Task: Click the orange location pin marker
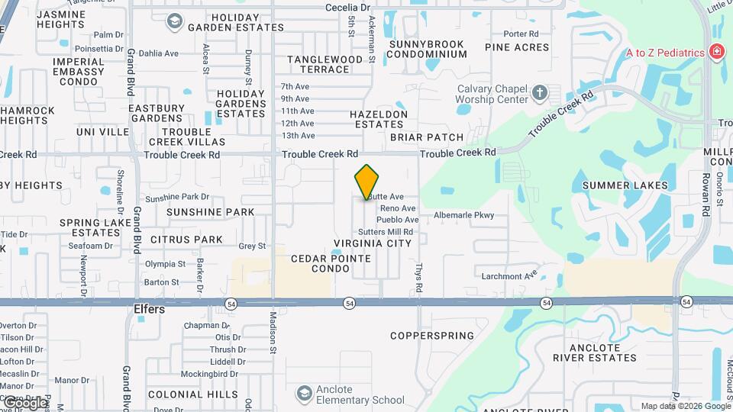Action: (x=366, y=182)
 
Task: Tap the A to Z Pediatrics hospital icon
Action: (x=716, y=52)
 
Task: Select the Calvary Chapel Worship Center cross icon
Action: (x=540, y=93)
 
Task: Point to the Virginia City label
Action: (x=373, y=243)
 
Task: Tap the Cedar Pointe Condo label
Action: (x=331, y=264)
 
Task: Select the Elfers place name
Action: (x=150, y=311)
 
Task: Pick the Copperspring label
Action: (x=431, y=336)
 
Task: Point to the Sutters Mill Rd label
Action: (x=385, y=232)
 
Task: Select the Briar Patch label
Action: (x=427, y=137)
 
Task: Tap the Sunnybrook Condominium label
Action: (x=427, y=49)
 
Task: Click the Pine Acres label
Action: (x=517, y=47)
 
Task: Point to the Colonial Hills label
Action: (x=182, y=394)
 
